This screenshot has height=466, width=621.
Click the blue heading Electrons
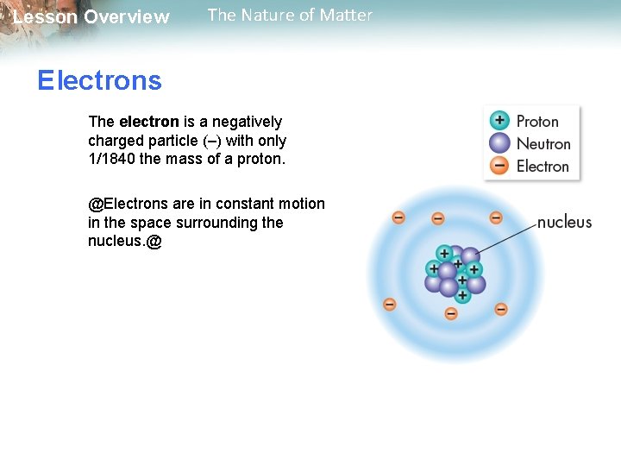[99, 81]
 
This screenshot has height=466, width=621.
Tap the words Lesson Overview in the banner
[91, 17]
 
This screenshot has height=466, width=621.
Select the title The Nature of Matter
[290, 15]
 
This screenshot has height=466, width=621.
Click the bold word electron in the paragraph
[148, 122]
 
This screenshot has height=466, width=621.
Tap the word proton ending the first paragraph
[261, 159]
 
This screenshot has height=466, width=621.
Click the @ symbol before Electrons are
[95, 204]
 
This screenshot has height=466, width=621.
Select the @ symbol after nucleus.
[154, 242]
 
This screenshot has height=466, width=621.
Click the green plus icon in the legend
[499, 121]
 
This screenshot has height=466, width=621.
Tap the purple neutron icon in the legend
[499, 143]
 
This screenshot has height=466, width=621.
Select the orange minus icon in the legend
[499, 166]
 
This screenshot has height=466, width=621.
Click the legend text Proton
[537, 122]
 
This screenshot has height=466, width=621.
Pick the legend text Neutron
[543, 144]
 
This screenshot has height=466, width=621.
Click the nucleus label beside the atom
[564, 223]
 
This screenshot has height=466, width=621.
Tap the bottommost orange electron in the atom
[450, 313]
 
